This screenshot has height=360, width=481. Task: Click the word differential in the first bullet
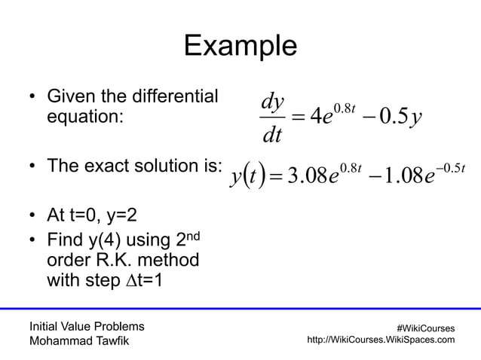pos(178,97)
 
